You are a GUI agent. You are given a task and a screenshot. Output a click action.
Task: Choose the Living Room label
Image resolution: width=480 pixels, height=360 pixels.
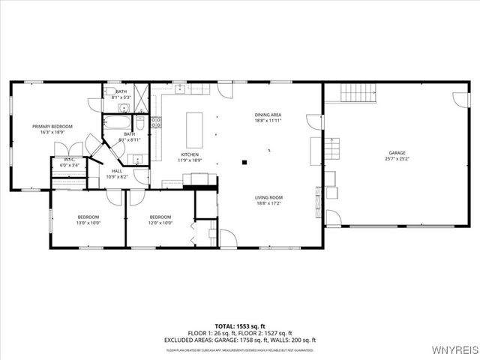tap(268, 198)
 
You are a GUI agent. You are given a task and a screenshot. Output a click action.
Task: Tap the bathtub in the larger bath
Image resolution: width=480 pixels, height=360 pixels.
tap(117, 125)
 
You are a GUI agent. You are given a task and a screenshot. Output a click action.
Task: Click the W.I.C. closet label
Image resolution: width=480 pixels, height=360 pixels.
tap(70, 159)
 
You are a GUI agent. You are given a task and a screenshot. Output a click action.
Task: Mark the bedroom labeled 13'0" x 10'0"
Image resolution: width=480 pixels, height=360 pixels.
tap(88, 220)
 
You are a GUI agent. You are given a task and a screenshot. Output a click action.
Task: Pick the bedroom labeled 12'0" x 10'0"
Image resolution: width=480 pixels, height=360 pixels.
tap(160, 220)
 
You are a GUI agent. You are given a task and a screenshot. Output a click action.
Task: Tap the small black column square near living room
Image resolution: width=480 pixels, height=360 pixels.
tap(244, 160)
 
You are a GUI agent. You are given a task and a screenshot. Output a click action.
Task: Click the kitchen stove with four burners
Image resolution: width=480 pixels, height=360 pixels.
tap(157, 122)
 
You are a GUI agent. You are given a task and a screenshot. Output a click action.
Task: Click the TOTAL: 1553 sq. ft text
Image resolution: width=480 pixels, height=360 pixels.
tap(240, 326)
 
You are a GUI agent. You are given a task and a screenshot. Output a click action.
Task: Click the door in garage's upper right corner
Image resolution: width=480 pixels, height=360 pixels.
tap(459, 98)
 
